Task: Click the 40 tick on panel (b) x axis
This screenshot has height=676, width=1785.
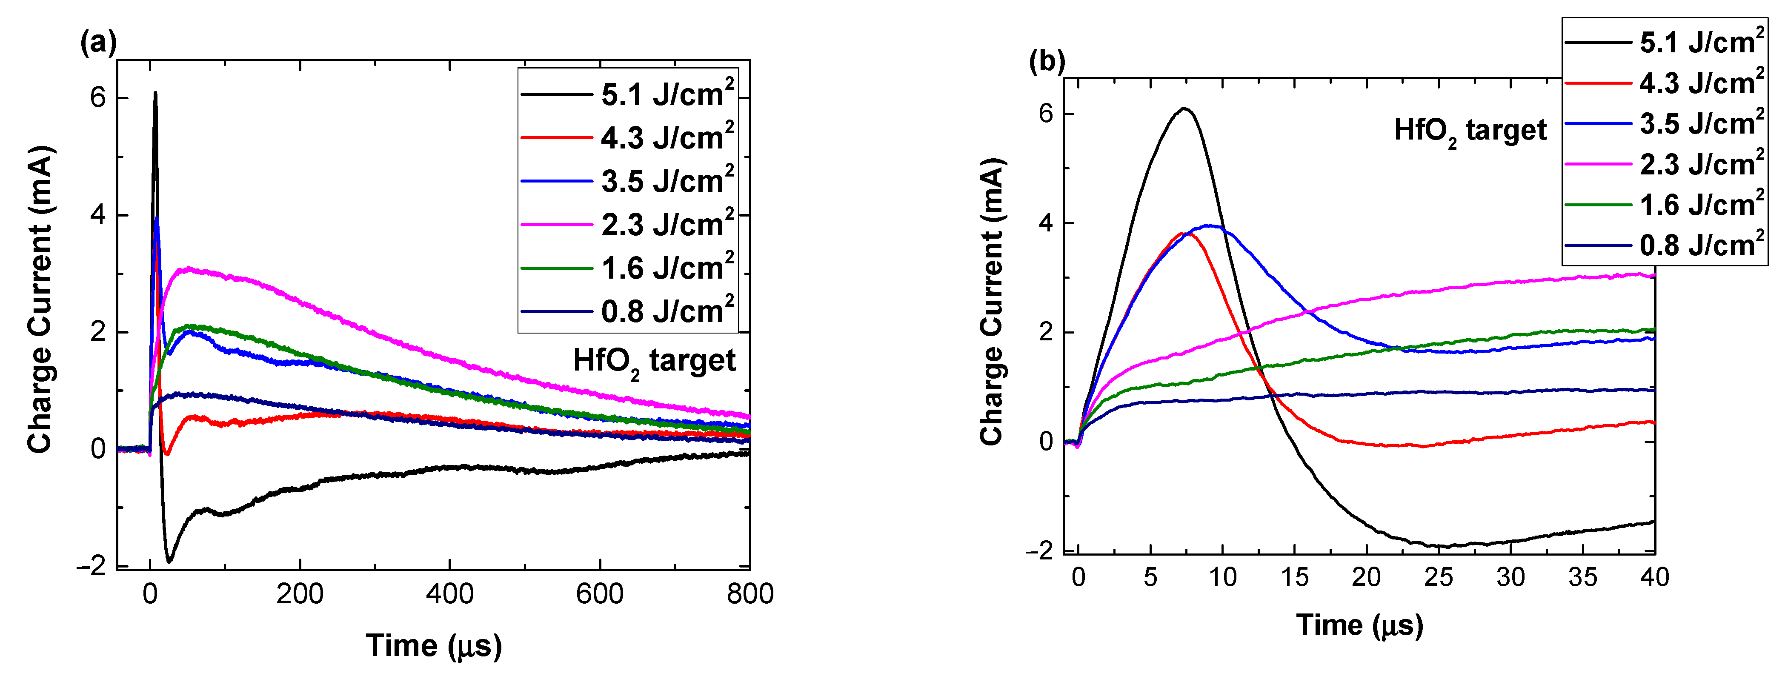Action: click(1654, 577)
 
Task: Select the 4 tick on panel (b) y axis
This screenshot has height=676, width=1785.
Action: click(1046, 223)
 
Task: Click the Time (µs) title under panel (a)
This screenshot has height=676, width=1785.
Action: click(434, 645)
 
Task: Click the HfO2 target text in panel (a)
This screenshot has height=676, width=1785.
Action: click(654, 362)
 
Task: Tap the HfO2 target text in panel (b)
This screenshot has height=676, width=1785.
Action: click(1470, 131)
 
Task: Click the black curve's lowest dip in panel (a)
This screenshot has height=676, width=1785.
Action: click(169, 559)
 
